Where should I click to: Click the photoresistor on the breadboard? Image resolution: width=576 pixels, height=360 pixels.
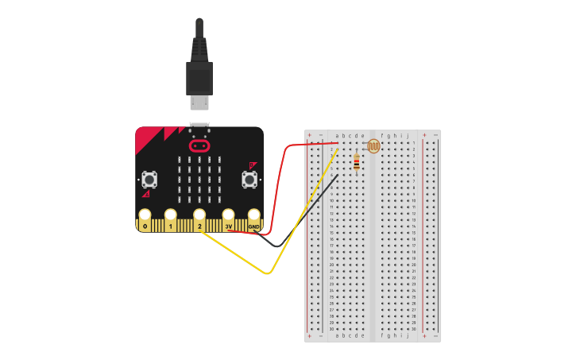[x=373, y=146]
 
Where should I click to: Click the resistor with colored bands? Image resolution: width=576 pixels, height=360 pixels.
[x=356, y=163]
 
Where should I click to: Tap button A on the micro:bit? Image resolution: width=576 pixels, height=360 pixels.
[x=149, y=180]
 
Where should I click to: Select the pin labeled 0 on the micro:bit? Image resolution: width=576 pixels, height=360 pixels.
[x=145, y=217]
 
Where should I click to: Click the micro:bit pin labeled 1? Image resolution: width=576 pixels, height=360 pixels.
[x=170, y=217]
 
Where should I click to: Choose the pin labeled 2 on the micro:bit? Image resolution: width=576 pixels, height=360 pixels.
[x=199, y=217]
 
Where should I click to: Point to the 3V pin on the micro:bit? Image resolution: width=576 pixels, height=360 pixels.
[x=229, y=217]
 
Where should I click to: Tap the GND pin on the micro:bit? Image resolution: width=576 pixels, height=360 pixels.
[x=254, y=217]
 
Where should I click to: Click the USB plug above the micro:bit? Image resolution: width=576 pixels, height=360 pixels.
[x=199, y=79]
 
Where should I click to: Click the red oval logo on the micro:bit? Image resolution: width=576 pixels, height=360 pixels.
[x=199, y=146]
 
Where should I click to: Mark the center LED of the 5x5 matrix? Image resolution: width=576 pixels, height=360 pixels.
[x=199, y=179]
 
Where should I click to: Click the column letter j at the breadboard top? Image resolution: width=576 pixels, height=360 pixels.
[x=408, y=136]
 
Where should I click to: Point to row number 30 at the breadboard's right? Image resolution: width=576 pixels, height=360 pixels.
[x=414, y=329]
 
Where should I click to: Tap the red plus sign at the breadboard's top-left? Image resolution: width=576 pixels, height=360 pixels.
[x=310, y=136]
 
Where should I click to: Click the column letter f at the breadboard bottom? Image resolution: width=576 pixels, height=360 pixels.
[x=382, y=335]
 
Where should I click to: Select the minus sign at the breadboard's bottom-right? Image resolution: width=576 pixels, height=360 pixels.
[x=435, y=336]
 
